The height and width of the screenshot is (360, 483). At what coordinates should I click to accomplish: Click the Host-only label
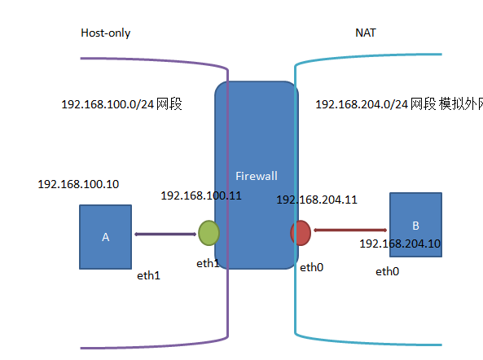[x=105, y=33]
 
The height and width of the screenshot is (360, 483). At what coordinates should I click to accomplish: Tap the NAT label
[x=366, y=33]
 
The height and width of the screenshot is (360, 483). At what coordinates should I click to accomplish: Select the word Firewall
[x=257, y=176]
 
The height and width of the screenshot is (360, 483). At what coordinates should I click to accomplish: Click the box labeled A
[x=105, y=237]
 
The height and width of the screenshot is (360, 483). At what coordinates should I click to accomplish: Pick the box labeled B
[x=415, y=225]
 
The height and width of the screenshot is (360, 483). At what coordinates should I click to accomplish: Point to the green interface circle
[x=209, y=233]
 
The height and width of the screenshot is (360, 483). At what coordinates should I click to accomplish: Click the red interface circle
[x=301, y=233]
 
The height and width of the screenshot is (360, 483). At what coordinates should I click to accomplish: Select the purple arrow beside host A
[x=165, y=235]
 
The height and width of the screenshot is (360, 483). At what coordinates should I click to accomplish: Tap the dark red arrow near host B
[x=350, y=230]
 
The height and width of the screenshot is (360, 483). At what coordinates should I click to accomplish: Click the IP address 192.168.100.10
[x=78, y=184]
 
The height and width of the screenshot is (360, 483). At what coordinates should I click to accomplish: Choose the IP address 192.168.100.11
[x=201, y=195]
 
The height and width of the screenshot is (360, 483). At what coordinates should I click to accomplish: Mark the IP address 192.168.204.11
[x=317, y=200]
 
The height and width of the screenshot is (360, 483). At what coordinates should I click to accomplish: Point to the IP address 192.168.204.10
[x=400, y=244]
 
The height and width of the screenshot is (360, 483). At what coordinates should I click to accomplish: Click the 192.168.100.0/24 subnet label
[x=121, y=104]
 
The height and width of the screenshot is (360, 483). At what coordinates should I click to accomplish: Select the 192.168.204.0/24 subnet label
[x=399, y=104]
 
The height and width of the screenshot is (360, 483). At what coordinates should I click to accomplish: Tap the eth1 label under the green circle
[x=208, y=263]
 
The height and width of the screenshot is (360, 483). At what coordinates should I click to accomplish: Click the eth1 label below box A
[x=148, y=275]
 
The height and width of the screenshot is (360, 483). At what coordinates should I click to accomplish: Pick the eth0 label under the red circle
[x=311, y=267]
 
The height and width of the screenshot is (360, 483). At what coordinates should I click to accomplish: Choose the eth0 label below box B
[x=387, y=271]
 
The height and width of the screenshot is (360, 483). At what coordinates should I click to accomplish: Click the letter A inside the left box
[x=105, y=237]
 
